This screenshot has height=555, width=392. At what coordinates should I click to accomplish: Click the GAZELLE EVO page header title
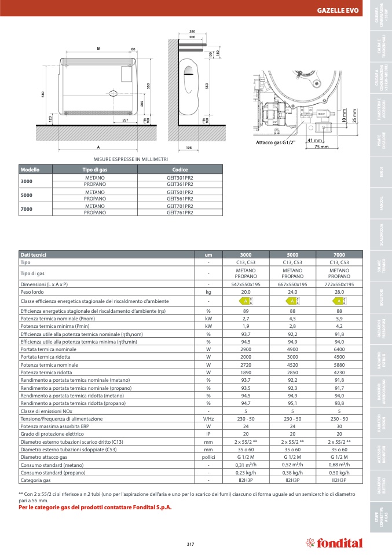tap(338, 11)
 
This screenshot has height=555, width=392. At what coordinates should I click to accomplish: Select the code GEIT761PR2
tap(179, 213)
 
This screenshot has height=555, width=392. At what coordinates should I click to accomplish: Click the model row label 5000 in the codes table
tap(27, 195)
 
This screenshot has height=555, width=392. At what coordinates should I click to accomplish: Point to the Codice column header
tap(179, 169)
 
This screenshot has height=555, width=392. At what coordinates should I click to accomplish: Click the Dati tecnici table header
tap(34, 254)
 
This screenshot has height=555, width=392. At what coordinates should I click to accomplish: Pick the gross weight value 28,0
tap(340, 293)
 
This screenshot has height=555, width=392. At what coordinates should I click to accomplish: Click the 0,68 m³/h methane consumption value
tap(340, 465)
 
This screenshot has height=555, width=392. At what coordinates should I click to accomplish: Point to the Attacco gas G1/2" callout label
tap(276, 142)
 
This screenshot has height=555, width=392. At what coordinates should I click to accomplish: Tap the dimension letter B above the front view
tap(98, 49)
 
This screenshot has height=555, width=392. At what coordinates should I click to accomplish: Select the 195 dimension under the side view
tap(188, 148)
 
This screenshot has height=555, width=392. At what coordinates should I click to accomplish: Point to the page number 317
tap(190, 543)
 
